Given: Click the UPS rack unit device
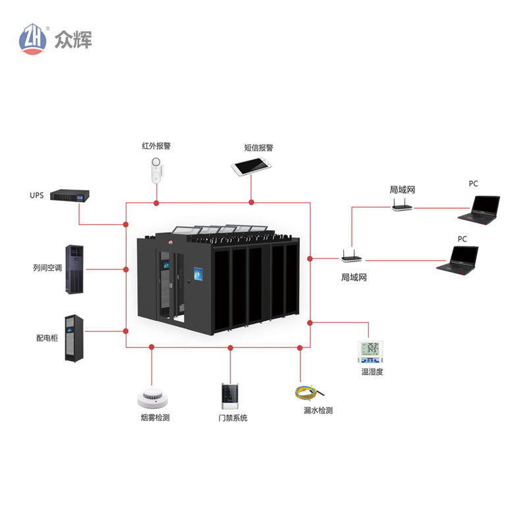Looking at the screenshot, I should [70, 196].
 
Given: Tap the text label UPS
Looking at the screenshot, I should [36, 196].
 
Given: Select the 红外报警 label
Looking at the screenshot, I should [156, 146].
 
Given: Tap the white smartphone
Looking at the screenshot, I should [252, 167].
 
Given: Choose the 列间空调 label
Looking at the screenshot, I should [47, 269].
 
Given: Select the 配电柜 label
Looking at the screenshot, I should [47, 338].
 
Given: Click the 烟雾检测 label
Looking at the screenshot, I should [155, 418].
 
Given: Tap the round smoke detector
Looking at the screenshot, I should [155, 398].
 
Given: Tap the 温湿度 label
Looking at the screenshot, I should [372, 372].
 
